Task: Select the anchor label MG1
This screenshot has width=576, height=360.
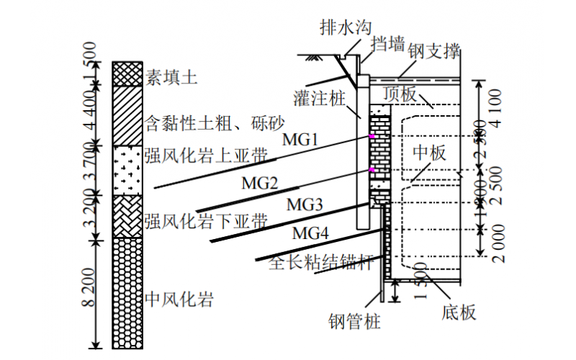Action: point(300,140)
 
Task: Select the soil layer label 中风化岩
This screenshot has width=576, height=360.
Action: point(179,297)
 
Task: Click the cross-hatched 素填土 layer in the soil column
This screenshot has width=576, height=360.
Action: point(127,73)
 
